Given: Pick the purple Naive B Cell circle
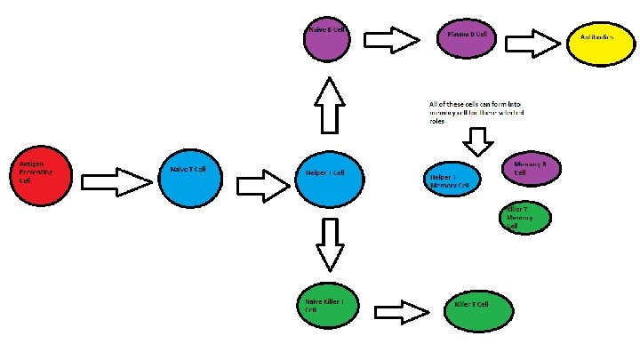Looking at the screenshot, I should pos(329,40).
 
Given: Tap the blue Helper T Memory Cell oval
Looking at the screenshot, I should pos(451,179).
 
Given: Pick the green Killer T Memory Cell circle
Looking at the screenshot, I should pos(525,218).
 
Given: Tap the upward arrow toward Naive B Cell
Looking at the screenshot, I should pos(329,105).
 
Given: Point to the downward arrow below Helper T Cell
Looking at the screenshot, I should pos(330,244).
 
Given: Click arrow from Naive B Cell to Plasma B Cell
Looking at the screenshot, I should pos(391,39).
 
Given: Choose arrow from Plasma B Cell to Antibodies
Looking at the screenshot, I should pos(533,43).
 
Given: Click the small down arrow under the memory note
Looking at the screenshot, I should pos(479,140).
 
